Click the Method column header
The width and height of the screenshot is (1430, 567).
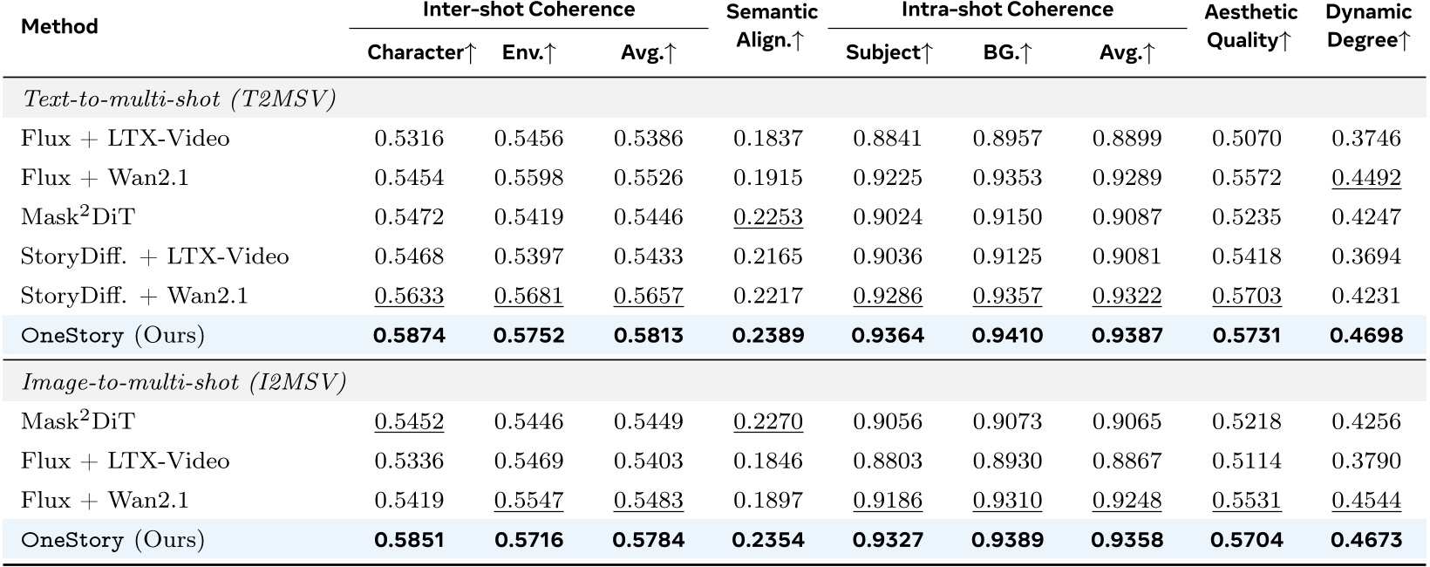[x=59, y=27]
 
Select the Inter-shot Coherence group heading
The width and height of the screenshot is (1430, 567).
[x=528, y=10]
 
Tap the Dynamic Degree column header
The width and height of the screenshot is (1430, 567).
[x=1367, y=26]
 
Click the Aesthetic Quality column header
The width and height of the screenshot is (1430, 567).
[x=1250, y=26]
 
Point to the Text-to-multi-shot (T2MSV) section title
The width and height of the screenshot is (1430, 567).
[x=180, y=99]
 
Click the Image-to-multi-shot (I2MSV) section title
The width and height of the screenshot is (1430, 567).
[x=184, y=382]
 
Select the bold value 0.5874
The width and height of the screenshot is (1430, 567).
[x=409, y=335]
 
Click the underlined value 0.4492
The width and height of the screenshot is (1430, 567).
[x=1365, y=178]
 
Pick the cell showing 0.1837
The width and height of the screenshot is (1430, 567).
[x=767, y=139]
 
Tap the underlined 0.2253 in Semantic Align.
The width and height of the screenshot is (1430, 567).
[x=767, y=217]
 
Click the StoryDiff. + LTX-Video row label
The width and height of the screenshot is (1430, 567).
[x=154, y=256]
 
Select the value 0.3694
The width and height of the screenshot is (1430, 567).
[x=1365, y=256]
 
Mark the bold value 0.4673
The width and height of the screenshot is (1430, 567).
[x=1365, y=540]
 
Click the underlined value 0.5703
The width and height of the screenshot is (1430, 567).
[x=1246, y=296]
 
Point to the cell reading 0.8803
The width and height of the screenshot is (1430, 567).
[x=887, y=461]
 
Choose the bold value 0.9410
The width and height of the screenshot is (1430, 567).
[x=1007, y=335]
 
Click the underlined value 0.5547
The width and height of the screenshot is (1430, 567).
[x=528, y=501]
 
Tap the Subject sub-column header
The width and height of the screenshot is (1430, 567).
[x=889, y=53]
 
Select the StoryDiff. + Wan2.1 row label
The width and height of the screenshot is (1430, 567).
[x=134, y=296]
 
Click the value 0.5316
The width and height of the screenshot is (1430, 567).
[x=409, y=139]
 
